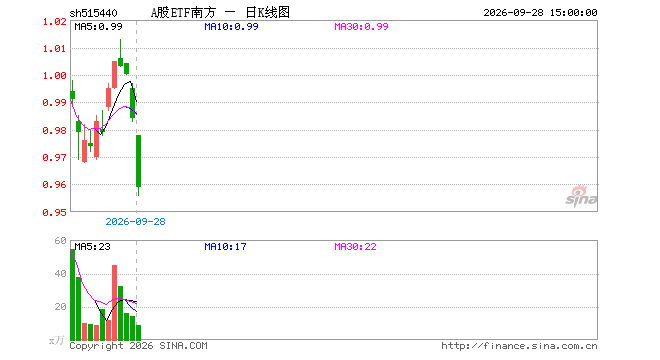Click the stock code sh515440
93,13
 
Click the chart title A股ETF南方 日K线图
220,13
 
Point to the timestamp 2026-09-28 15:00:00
540,13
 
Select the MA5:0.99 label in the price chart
98,27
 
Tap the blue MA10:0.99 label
231,27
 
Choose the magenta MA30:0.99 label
361,27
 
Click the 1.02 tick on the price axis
55,21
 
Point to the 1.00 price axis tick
55,76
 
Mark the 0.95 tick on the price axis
55,212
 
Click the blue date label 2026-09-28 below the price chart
135,221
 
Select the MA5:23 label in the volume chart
93,247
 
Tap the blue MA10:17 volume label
225,247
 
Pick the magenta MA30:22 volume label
355,247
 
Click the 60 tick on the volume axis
61,240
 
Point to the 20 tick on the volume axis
61,307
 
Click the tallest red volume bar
114,302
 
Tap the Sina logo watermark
581,196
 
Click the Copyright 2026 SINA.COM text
138,346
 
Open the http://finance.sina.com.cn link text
519,346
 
